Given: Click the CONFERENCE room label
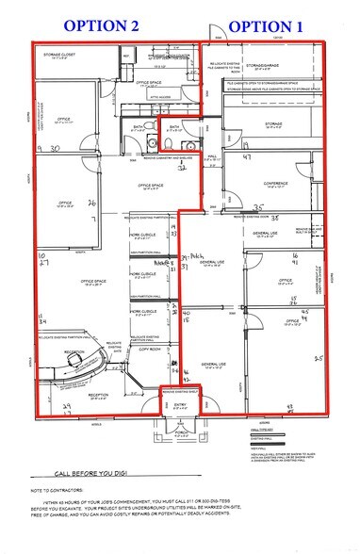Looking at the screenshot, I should tap(275, 183).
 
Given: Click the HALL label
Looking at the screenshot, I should tap(213, 157).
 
